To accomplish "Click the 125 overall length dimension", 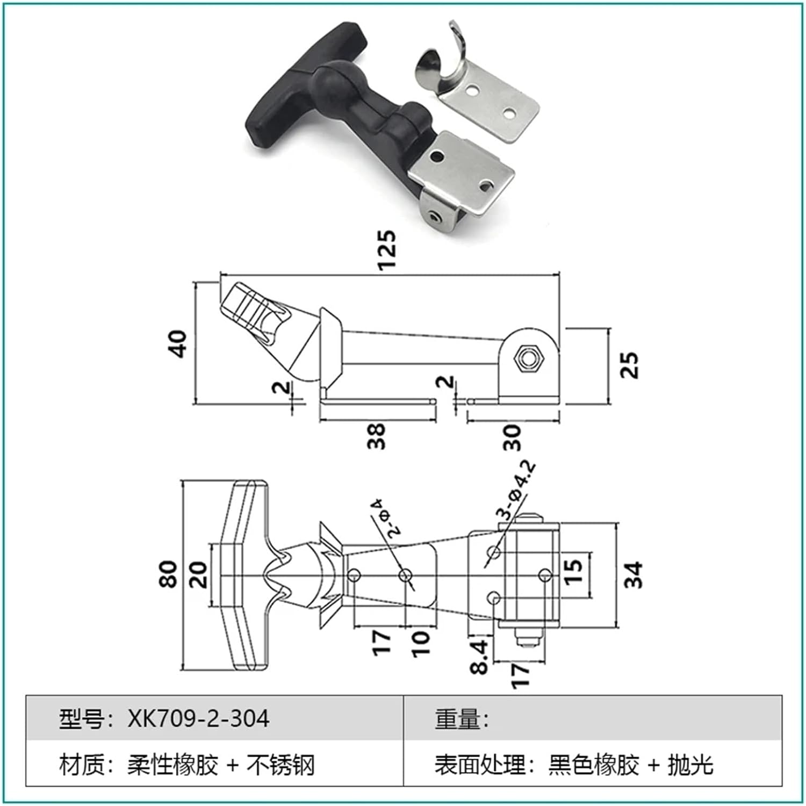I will click(x=387, y=249).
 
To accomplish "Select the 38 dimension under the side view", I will click(x=377, y=436).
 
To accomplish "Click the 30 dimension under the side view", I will click(x=512, y=437).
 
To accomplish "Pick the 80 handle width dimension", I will click(x=168, y=574).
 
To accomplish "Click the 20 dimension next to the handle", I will click(x=198, y=574).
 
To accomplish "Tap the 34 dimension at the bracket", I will click(x=634, y=574).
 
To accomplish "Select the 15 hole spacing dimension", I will click(x=574, y=572).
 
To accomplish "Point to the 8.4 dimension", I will click(x=480, y=656).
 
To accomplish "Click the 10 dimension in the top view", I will click(x=421, y=643).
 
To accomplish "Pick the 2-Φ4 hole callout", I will click(x=385, y=517).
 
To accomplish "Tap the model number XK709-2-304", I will click(x=198, y=718).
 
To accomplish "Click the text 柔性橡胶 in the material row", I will click(x=172, y=765).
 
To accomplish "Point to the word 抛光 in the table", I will click(x=690, y=765).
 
